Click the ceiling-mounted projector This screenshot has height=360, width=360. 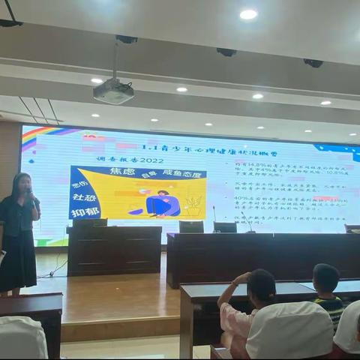[x=113, y=91]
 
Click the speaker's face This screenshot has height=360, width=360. [x=22, y=184]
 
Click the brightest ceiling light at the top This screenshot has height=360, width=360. [x=248, y=14]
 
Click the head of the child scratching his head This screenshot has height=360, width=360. [x=262, y=285]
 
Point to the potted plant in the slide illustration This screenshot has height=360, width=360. [x=193, y=204]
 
